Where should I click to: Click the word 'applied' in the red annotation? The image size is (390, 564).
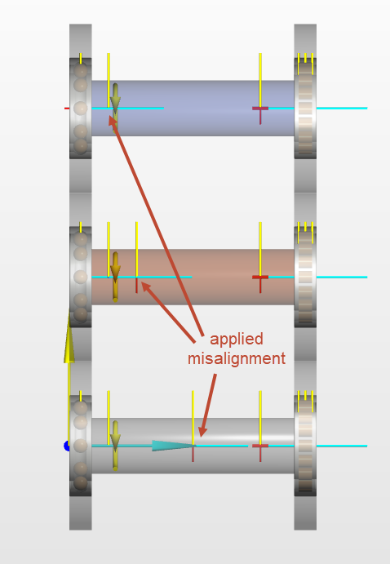(236, 340)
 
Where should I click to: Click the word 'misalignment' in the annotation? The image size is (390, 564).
(237, 358)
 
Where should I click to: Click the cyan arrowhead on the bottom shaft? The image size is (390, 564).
(173, 446)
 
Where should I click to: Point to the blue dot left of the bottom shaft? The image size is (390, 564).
(67, 446)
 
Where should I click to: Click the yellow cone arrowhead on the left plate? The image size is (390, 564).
(69, 335)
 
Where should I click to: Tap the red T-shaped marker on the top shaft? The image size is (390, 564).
(260, 113)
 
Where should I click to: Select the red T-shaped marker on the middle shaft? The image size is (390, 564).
(260, 282)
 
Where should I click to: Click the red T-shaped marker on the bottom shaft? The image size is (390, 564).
(260, 451)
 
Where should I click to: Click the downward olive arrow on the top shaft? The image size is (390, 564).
(115, 108)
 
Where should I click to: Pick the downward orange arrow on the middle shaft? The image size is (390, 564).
(115, 277)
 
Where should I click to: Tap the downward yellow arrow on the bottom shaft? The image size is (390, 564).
(115, 446)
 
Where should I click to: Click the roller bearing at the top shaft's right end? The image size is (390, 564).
(305, 108)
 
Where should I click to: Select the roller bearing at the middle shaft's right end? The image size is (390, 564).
(305, 277)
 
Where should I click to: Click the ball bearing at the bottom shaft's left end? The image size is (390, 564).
(81, 446)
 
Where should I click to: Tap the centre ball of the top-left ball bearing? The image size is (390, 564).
(81, 108)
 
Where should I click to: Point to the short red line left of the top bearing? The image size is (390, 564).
(67, 108)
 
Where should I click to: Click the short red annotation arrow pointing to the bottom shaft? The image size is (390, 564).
(209, 406)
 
